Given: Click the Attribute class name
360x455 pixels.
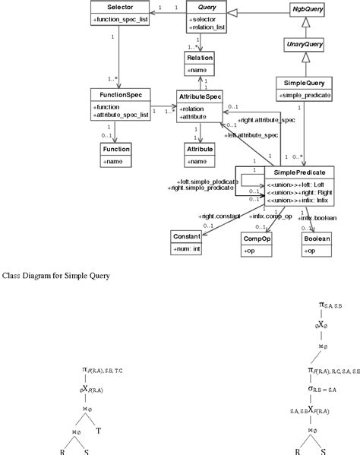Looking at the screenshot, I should pos(199,150).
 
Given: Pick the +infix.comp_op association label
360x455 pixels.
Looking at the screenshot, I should pos(271,216).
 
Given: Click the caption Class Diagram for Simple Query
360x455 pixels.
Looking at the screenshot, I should pos(57,274).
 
